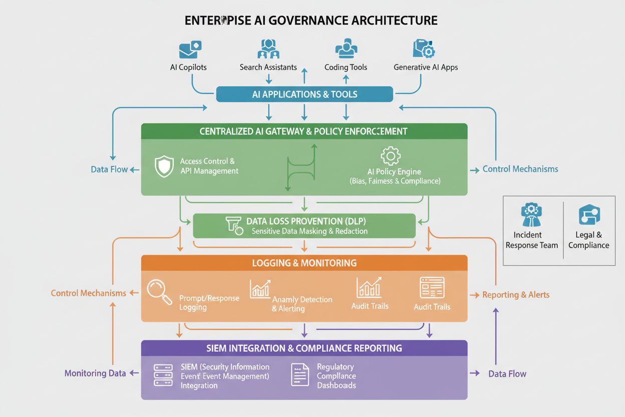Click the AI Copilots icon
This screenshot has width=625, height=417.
pos(190,50)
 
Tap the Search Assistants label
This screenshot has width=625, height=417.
pos(268,67)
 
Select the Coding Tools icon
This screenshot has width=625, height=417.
pos(346,49)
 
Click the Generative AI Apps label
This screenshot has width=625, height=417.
pos(426,67)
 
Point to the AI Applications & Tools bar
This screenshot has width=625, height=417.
pos(304,94)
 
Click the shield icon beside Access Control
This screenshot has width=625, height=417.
pos(164,166)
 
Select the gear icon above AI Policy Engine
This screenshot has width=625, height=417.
pos(391,156)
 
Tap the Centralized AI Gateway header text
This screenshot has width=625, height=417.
pos(303,131)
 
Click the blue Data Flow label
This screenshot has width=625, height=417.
pos(109,169)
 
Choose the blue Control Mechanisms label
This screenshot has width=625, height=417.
pos(520,169)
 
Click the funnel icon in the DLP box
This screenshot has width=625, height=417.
pos(234,226)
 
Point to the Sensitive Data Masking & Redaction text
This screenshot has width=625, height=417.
pos(309,231)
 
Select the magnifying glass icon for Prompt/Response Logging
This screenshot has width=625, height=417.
pos(160,292)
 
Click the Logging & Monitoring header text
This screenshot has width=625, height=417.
pos(304,263)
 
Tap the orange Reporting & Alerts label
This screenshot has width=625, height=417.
pos(516,295)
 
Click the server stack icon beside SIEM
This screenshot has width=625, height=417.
pos(163,375)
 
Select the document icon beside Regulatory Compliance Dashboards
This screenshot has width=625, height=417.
pos(300,375)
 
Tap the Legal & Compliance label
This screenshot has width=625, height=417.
pos(588,240)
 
